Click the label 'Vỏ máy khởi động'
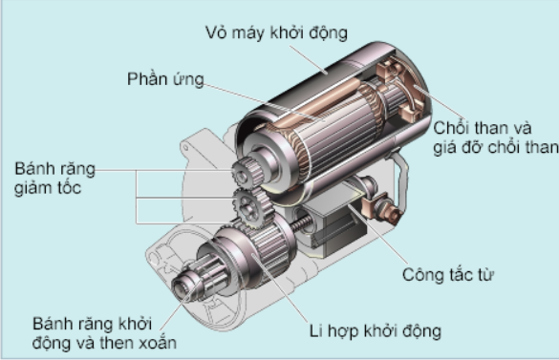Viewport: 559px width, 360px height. click(x=276, y=32)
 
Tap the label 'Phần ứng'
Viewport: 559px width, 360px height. click(x=165, y=78)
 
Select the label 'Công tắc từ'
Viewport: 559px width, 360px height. click(x=448, y=275)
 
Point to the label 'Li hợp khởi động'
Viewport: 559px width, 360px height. click(x=375, y=330)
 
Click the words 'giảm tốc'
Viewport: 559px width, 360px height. click(x=48, y=188)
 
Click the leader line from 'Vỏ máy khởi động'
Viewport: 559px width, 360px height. click(x=309, y=59)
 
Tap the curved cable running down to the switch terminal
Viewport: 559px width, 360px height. click(x=403, y=179)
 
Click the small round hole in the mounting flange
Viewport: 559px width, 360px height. click(x=185, y=147)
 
